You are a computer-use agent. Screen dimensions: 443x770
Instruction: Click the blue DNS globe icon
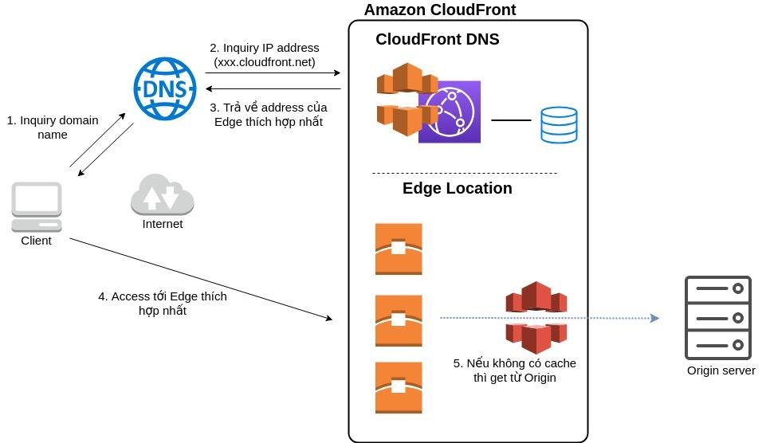pos(165,89)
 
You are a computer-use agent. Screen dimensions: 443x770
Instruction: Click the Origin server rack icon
pos(717,318)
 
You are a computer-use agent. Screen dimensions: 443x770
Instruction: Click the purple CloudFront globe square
pos(450,112)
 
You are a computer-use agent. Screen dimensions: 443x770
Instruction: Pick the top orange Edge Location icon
pos(399,249)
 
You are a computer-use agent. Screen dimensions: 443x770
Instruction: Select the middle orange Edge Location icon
pos(399,320)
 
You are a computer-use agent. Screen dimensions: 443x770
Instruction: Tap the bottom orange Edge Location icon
pos(399,387)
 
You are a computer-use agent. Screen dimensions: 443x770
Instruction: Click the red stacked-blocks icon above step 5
pos(536,317)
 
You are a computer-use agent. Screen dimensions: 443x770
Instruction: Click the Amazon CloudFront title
pos(440,10)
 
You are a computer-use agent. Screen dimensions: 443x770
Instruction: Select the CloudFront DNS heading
pos(438,39)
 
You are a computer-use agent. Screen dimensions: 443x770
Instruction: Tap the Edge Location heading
pos(457,189)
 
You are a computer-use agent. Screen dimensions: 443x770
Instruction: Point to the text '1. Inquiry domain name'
pos(53,127)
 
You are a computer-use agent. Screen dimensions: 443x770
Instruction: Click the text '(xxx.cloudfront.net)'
pos(265,62)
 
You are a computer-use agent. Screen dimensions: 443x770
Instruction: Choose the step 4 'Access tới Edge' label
pos(163,304)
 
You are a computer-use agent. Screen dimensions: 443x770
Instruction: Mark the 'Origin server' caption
pos(721,370)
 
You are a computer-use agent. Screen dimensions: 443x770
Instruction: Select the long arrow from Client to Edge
pos(199,278)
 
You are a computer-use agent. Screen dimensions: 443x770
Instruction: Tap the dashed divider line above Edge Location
pos(465,173)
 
